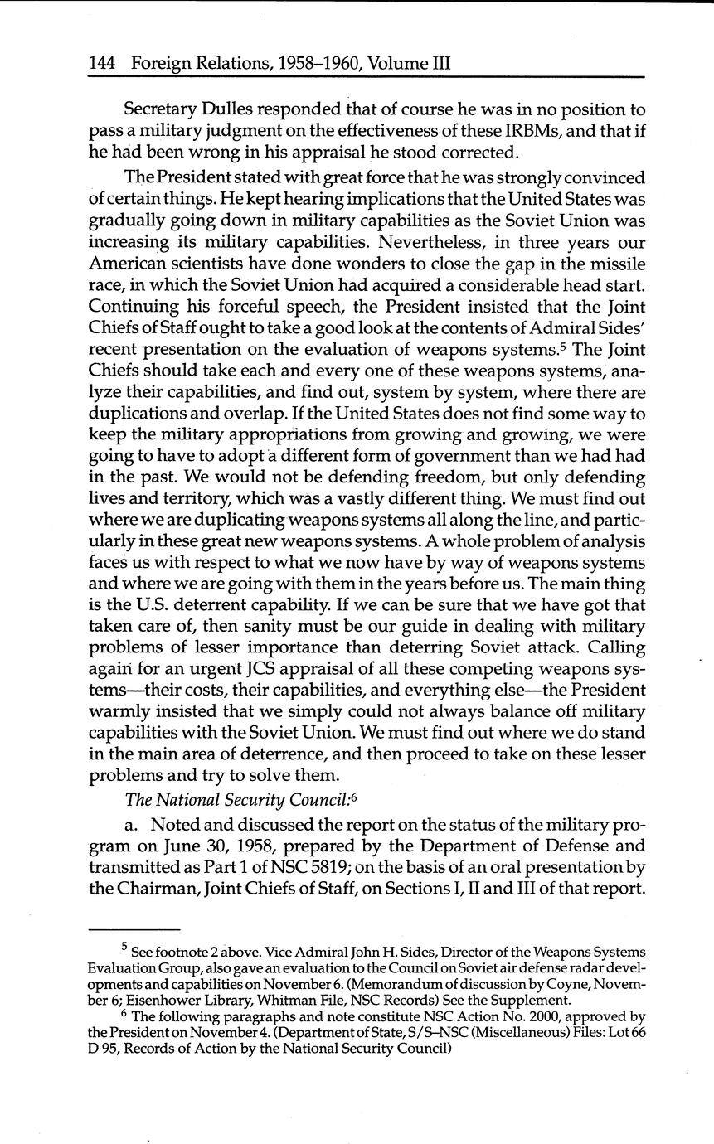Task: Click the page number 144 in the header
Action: coord(104,62)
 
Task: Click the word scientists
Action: coord(200,265)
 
